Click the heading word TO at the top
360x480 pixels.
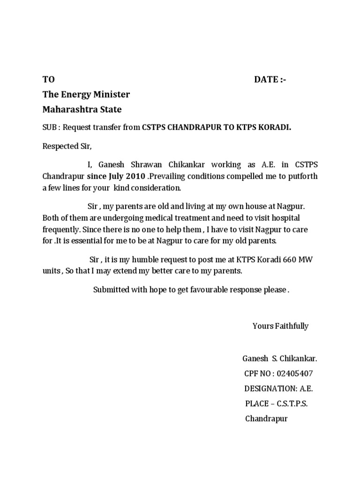49,80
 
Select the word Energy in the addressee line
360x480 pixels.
76,95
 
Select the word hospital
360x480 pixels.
285,218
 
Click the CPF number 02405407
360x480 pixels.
295,374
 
